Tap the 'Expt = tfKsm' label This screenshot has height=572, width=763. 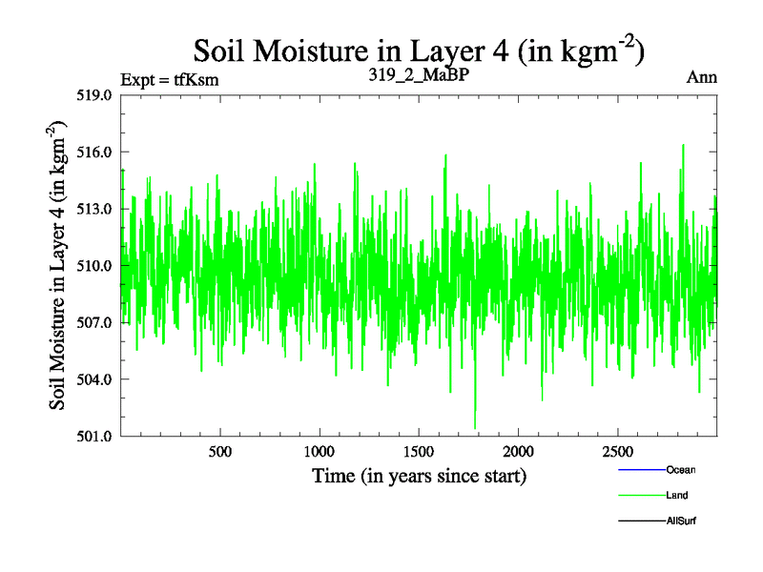point(170,80)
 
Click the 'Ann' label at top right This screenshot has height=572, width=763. point(701,77)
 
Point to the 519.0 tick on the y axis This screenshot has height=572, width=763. point(95,95)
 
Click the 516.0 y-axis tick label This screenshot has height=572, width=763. point(95,153)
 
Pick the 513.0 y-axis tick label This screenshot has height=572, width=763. point(95,209)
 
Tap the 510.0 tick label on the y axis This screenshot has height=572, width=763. point(95,266)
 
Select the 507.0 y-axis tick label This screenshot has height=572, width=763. point(95,322)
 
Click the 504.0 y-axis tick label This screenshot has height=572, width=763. point(95,379)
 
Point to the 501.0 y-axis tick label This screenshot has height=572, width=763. point(95,437)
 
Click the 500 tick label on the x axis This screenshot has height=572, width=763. point(220,450)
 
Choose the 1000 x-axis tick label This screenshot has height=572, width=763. point(320,450)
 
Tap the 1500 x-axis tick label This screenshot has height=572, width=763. point(419,450)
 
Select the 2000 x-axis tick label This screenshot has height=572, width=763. point(518,450)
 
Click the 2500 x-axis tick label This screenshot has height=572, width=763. point(617,450)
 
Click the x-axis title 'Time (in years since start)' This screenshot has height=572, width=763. point(419,475)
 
